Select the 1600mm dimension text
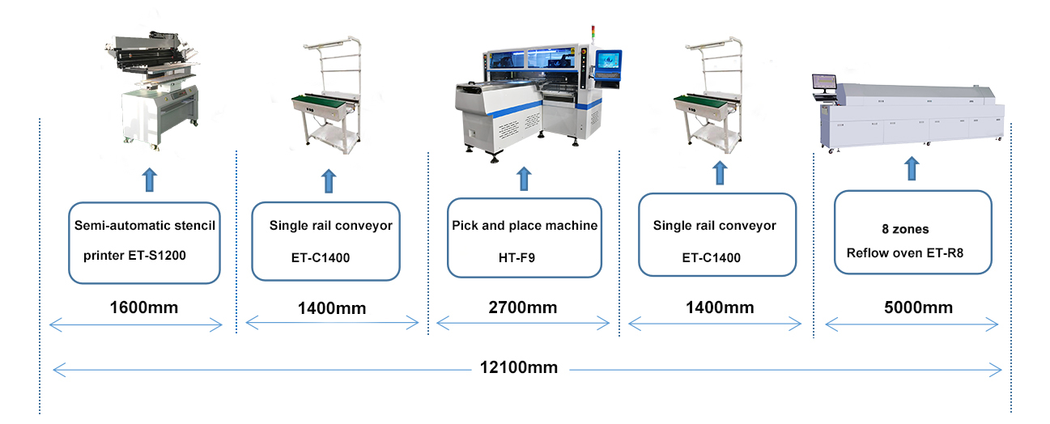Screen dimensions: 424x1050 pos(144,307)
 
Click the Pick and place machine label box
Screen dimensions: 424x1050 pos(525,237)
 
